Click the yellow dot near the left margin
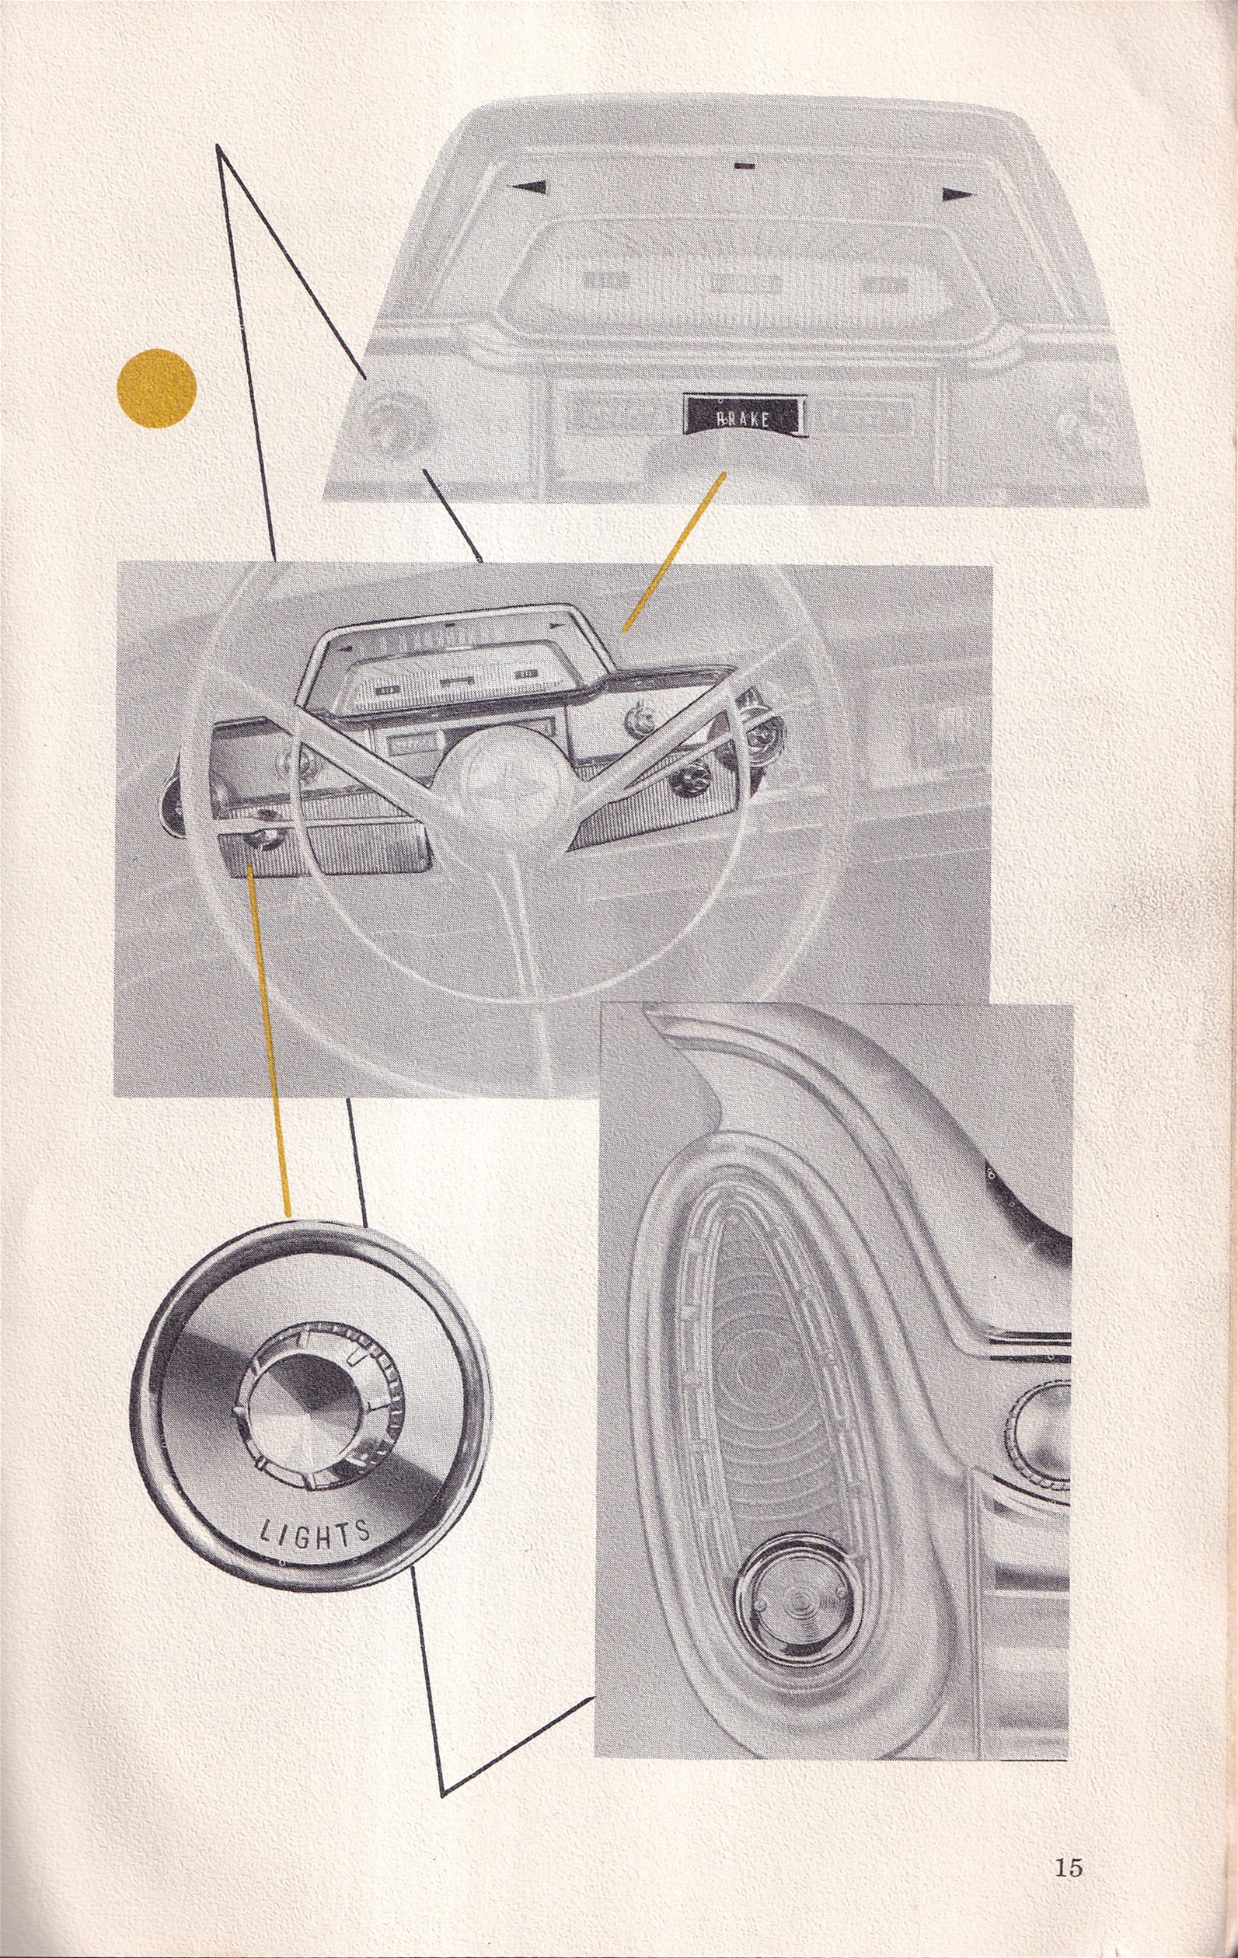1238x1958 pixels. pyautogui.click(x=157, y=389)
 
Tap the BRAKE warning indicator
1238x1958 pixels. pyautogui.click(x=744, y=417)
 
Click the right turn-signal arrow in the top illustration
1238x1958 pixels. pyautogui.click(x=957, y=194)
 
